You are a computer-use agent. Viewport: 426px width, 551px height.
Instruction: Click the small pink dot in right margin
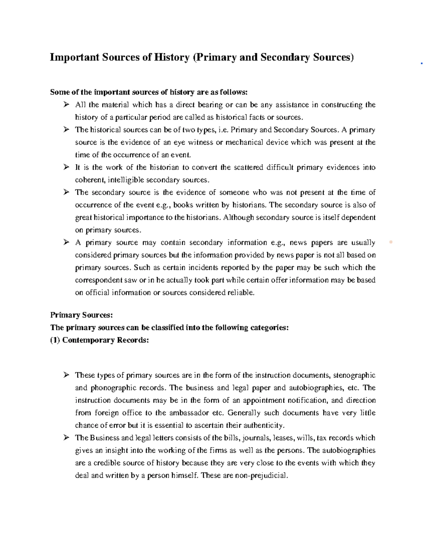(x=391, y=242)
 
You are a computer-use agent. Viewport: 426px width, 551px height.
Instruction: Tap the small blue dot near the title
(x=421, y=64)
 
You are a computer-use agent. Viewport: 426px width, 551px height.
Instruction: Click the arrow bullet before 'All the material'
(x=66, y=105)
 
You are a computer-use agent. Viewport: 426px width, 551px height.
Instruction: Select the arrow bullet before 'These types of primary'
(x=66, y=375)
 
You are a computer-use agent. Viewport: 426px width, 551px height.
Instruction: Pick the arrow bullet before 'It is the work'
(x=66, y=167)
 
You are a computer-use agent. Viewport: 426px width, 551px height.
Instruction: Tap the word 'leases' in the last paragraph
(x=280, y=438)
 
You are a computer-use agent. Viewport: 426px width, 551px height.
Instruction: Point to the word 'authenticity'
(x=264, y=425)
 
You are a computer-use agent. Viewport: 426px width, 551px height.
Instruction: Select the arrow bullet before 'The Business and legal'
(x=66, y=438)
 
